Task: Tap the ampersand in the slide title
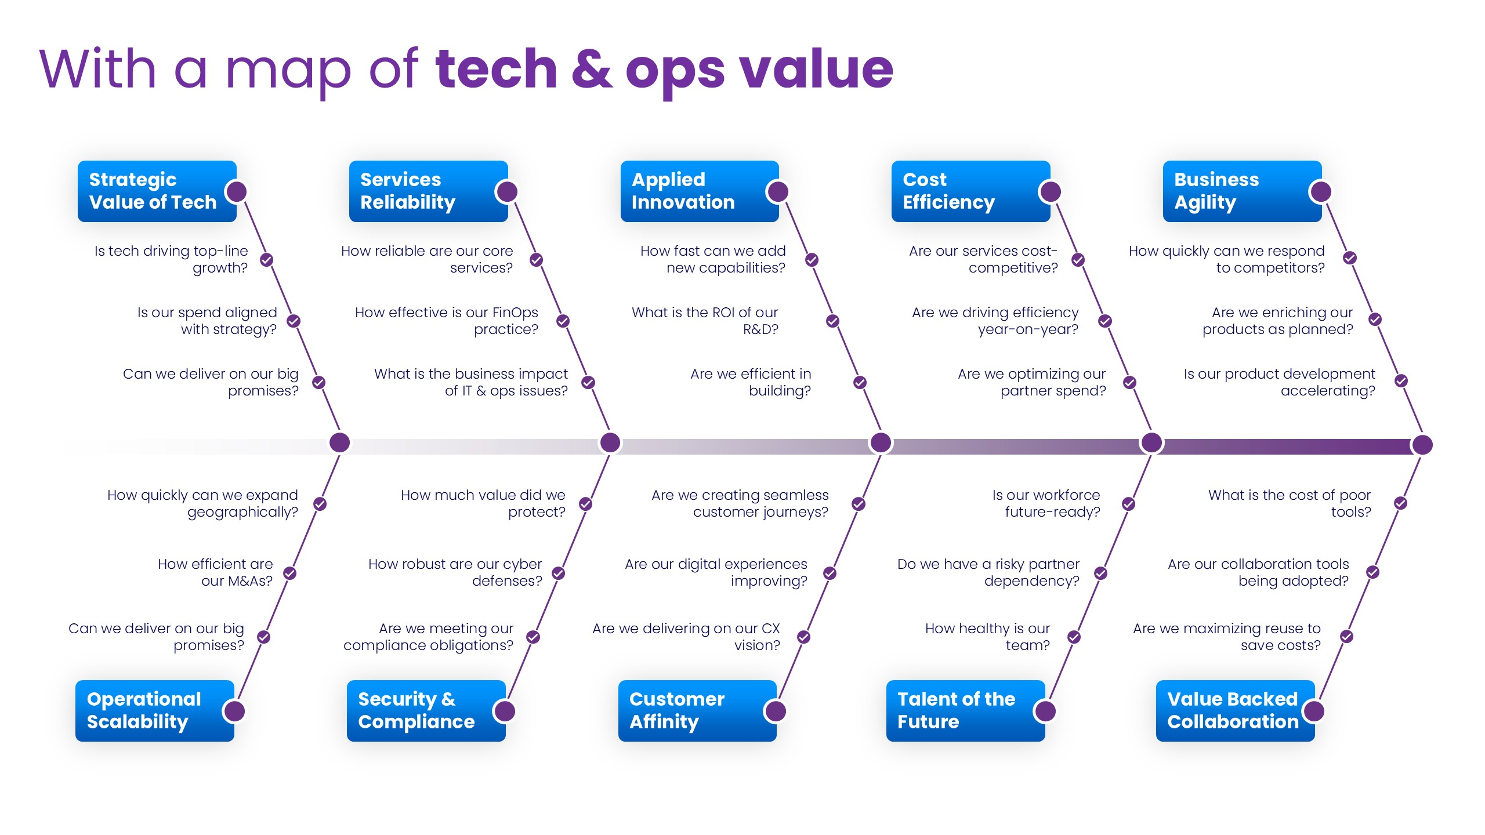(592, 70)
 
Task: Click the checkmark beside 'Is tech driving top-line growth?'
(267, 260)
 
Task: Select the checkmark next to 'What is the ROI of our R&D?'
(833, 321)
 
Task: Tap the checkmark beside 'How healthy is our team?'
(1074, 637)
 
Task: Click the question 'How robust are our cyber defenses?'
(455, 572)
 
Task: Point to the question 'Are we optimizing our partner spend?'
(1032, 382)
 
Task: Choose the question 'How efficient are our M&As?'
(215, 572)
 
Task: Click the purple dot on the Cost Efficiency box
(1051, 191)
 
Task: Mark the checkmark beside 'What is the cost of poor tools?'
(1401, 503)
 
